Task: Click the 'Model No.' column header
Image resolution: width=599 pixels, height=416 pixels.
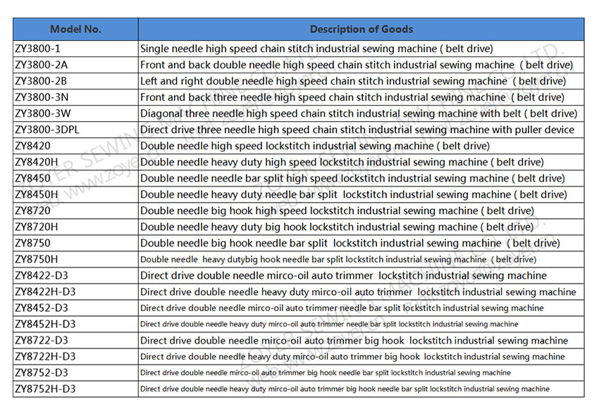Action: pyautogui.click(x=75, y=29)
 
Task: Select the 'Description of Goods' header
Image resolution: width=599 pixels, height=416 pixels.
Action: pyautogui.click(x=361, y=29)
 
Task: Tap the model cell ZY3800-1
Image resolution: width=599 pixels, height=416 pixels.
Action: pyautogui.click(x=37, y=49)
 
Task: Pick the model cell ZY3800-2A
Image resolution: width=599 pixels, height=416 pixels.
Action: pyautogui.click(x=41, y=65)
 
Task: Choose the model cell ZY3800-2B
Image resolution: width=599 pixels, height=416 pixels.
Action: pyautogui.click(x=41, y=82)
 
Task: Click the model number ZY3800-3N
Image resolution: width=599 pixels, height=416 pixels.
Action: pyautogui.click(x=42, y=98)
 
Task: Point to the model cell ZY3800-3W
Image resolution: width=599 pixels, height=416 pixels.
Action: pyautogui.click(x=42, y=114)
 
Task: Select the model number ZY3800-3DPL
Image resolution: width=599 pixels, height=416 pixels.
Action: pyautogui.click(x=48, y=130)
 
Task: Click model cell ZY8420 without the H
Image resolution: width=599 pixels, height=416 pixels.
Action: pyautogui.click(x=32, y=146)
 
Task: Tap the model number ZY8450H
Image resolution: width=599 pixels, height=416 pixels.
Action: pyautogui.click(x=36, y=195)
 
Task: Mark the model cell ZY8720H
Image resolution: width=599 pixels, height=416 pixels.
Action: pyautogui.click(x=36, y=227)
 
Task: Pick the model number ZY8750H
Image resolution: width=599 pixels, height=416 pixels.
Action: pyautogui.click(x=36, y=260)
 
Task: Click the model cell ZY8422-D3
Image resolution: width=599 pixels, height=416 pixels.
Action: pyautogui.click(x=41, y=276)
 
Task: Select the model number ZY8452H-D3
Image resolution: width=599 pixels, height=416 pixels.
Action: pyautogui.click(x=44, y=324)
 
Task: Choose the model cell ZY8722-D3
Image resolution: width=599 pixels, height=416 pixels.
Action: pyautogui.click(x=41, y=341)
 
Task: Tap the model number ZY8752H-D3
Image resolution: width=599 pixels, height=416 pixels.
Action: pyautogui.click(x=44, y=389)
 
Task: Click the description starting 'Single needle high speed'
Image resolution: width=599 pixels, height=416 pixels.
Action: pyautogui.click(x=316, y=49)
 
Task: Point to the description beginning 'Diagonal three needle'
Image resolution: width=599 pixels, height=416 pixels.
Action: pyautogui.click(x=358, y=114)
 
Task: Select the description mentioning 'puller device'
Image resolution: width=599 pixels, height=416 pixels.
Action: pyautogui.click(x=357, y=130)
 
